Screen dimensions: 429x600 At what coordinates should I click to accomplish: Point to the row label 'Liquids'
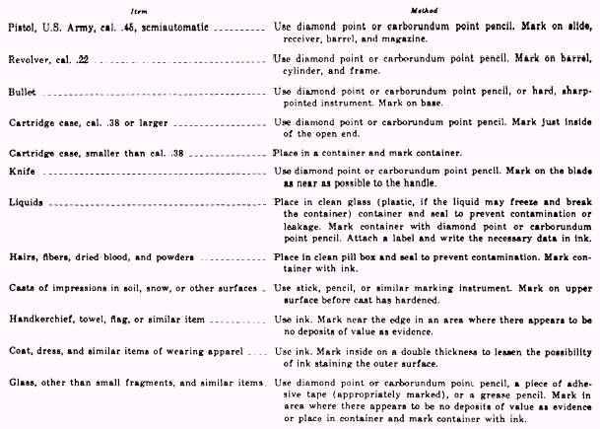click(x=26, y=200)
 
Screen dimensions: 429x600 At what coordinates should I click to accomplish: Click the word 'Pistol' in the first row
click(x=24, y=28)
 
